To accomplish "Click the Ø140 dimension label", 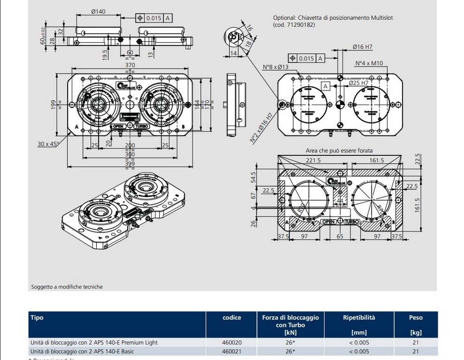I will tap(98, 12).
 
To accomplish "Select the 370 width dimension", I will tap(130, 65).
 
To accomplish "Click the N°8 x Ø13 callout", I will tap(275, 67).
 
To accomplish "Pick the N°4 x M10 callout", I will tap(369, 63).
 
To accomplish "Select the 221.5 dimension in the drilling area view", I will tap(313, 160).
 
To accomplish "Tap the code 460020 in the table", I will tap(231, 342).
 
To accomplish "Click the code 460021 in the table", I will tap(231, 351).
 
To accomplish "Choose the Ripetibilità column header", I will tap(359, 317).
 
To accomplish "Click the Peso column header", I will tap(415, 317).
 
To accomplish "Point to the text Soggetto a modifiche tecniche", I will tap(67, 286).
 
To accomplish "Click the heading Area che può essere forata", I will tap(339, 150).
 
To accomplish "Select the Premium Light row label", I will tap(94, 342).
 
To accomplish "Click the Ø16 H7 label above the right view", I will tap(362, 47).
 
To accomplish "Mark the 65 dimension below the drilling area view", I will tap(340, 237).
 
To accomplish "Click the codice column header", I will tap(231, 317).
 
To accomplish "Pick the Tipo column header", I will tap(37, 317).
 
